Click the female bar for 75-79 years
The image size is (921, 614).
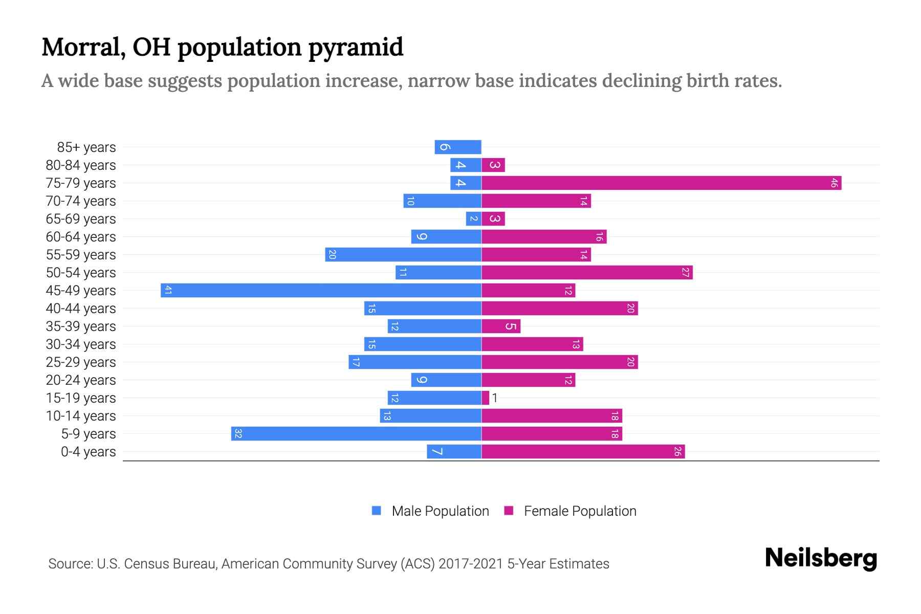tap(661, 183)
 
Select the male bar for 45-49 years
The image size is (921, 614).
tap(321, 290)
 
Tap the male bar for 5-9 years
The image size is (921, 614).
tap(356, 433)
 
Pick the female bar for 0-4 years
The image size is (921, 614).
tap(583, 451)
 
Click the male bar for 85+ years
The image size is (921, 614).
tap(458, 147)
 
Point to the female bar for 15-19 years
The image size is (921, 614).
tap(485, 398)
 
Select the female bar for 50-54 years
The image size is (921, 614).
tap(587, 272)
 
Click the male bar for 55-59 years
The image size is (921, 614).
tap(403, 254)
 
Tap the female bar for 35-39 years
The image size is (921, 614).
tap(501, 326)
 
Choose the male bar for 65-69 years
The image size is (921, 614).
tap(473, 218)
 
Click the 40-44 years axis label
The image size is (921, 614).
tap(81, 309)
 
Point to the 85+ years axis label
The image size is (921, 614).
tap(86, 147)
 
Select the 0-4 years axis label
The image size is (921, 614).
tap(88, 452)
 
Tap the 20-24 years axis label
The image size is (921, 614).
tap(81, 380)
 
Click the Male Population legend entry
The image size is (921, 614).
tap(430, 511)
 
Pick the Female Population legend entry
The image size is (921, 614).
tap(570, 511)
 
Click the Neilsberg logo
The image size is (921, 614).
tap(821, 558)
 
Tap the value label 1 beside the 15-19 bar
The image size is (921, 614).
tap(495, 398)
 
